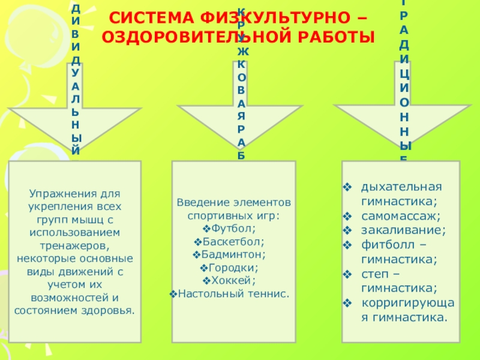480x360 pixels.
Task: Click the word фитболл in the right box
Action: (383, 245)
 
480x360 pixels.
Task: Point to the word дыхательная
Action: (401, 186)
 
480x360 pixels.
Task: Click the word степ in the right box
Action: (374, 274)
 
